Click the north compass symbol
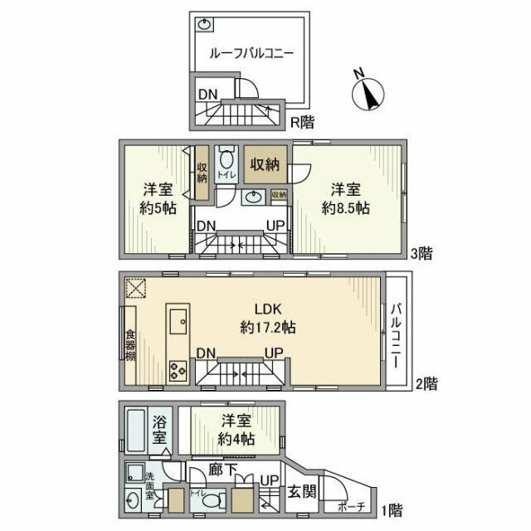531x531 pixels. click(366, 94)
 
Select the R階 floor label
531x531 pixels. click(302, 123)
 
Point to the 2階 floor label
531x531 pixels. click(426, 383)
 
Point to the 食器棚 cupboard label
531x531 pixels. click(130, 346)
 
